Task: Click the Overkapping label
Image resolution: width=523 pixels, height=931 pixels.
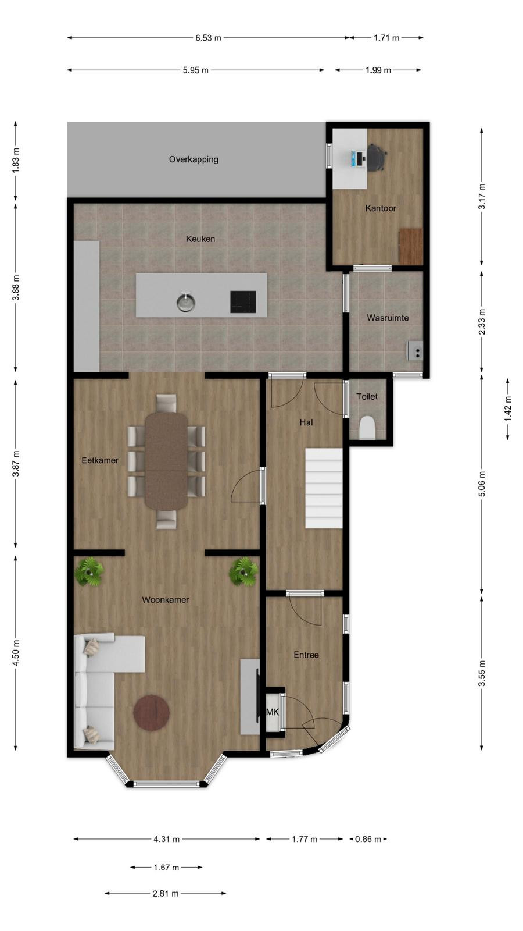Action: (194, 159)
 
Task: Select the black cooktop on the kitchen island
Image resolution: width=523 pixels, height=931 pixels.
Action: (243, 302)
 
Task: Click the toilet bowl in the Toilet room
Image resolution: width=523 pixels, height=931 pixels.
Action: (367, 427)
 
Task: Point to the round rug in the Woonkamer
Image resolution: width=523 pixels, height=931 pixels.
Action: (152, 712)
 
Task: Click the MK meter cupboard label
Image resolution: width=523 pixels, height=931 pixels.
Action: (273, 712)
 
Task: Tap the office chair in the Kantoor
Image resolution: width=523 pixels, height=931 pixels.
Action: (377, 157)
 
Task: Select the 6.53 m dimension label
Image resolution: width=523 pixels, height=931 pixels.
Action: (209, 38)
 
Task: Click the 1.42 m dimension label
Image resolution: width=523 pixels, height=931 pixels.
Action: (508, 408)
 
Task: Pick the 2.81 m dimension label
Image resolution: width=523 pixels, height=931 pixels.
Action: (166, 893)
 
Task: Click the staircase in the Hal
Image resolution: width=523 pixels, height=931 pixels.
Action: (324, 488)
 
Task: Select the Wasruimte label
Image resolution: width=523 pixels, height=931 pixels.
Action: (388, 318)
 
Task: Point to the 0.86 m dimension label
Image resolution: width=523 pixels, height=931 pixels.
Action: (368, 839)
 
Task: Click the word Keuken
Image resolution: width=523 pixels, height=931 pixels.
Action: (200, 239)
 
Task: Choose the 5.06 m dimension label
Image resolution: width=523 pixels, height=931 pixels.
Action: (482, 484)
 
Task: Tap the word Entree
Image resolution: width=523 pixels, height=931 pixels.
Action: (306, 655)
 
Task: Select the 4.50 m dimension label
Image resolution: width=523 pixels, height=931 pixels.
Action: (16, 652)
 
